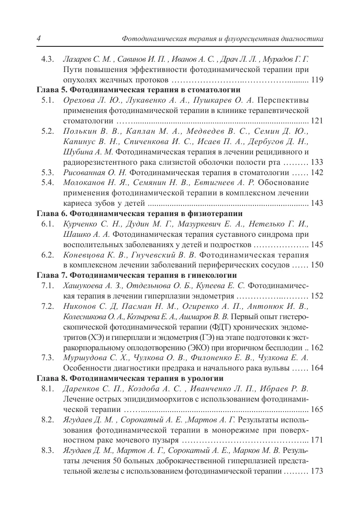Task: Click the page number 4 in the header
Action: click(x=39, y=39)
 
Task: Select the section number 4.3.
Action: click(x=47, y=60)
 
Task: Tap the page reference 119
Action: click(x=317, y=81)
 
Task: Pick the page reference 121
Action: click(x=317, y=121)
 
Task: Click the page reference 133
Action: click(x=317, y=162)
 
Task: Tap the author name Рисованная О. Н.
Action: click(x=96, y=172)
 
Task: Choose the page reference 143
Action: click(x=317, y=203)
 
